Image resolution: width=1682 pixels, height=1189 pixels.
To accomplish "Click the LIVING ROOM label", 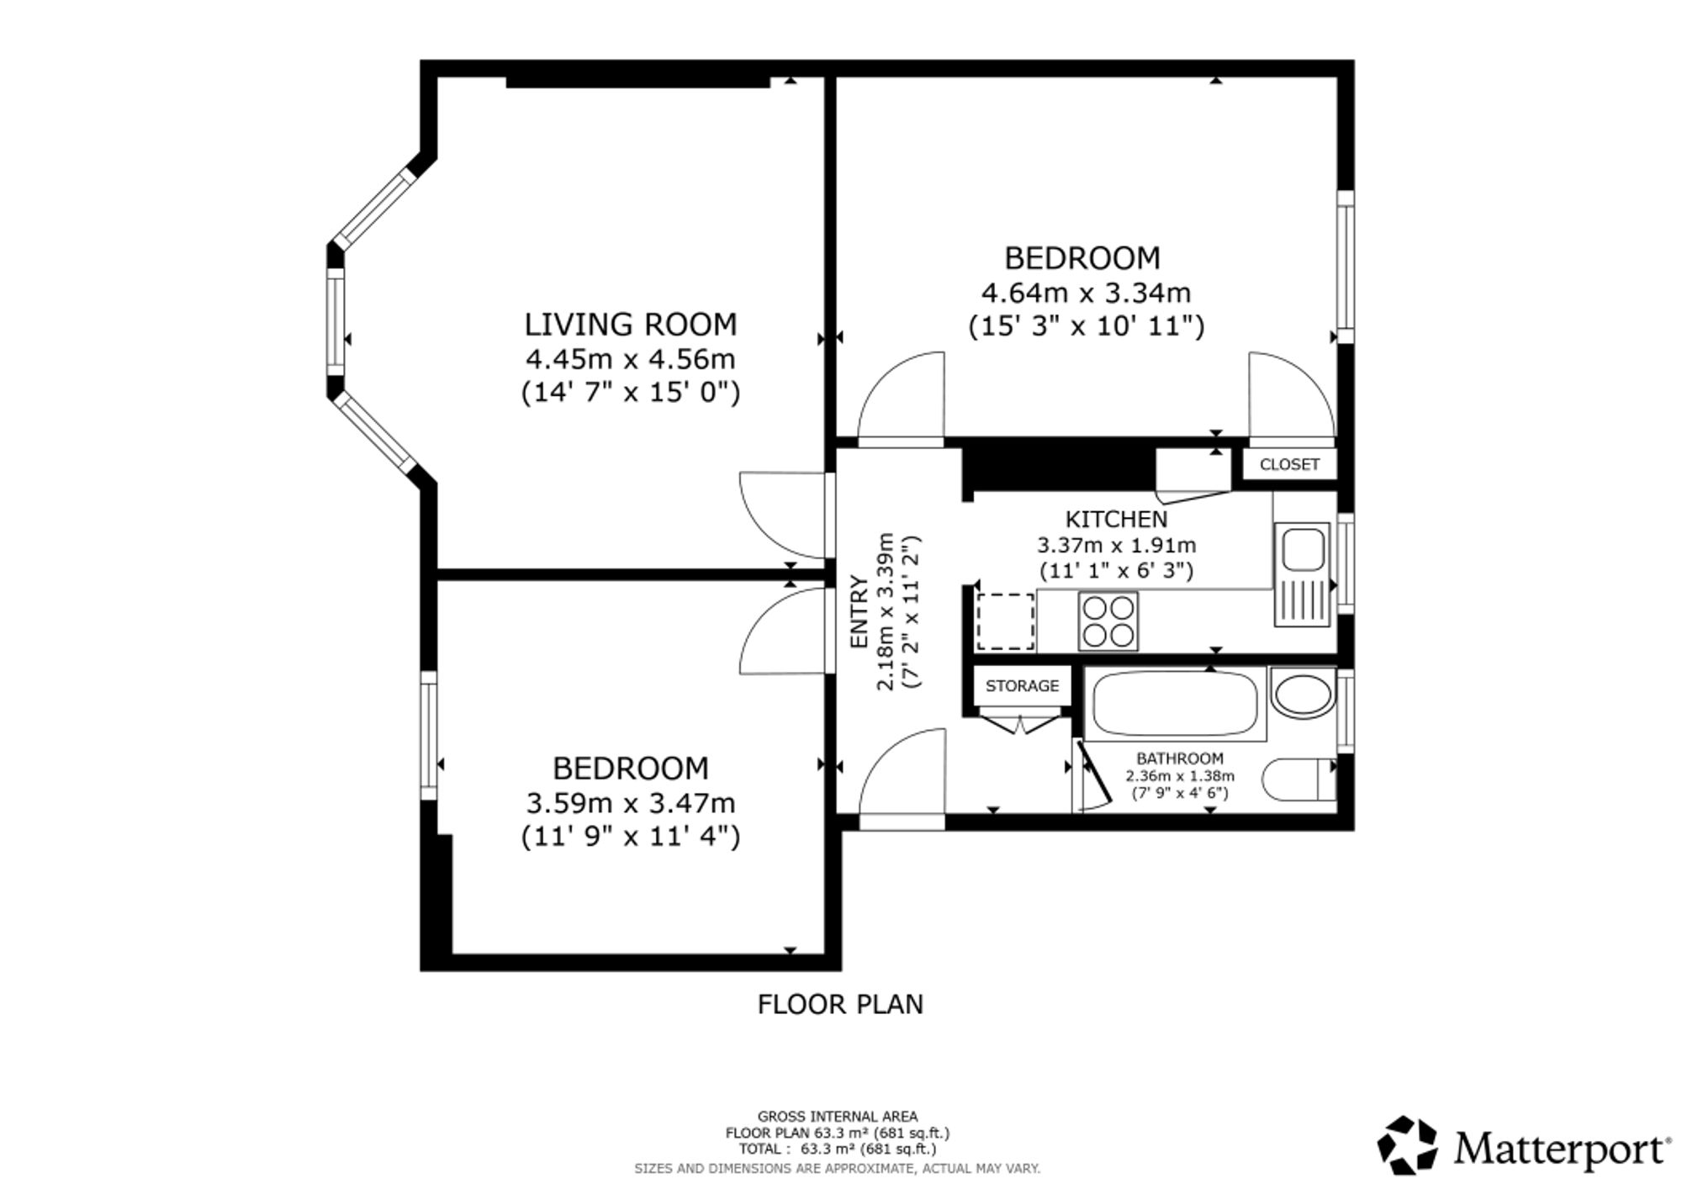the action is click(x=631, y=324).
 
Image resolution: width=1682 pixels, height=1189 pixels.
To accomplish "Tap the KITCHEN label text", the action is click(x=1116, y=519).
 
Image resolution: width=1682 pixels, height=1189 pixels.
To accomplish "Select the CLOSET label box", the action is click(x=1289, y=464).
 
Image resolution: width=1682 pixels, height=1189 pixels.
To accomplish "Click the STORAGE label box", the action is click(x=1022, y=685).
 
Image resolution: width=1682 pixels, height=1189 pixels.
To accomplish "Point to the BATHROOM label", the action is click(x=1180, y=758).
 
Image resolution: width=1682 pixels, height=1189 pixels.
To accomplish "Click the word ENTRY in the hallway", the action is click(x=859, y=611).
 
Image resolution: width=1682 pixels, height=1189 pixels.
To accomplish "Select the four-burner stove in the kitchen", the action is click(x=1108, y=621).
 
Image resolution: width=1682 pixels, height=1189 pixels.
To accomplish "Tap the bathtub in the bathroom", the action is click(x=1175, y=705).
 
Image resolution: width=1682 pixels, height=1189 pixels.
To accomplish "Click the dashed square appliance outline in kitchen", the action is click(x=1005, y=621).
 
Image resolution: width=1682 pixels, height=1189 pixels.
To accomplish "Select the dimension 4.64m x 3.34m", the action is click(x=1086, y=293).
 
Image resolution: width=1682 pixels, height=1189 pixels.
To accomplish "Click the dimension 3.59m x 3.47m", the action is click(x=631, y=803).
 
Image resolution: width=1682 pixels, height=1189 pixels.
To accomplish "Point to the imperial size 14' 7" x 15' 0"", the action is click(x=631, y=393).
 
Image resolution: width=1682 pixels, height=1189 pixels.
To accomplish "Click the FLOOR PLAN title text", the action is click(x=840, y=1004).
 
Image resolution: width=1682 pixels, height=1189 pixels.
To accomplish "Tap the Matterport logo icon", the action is click(x=1407, y=1144).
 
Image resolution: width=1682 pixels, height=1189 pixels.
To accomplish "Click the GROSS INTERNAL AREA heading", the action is click(x=838, y=1117).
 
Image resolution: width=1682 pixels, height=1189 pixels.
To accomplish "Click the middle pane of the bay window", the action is click(x=336, y=320).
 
